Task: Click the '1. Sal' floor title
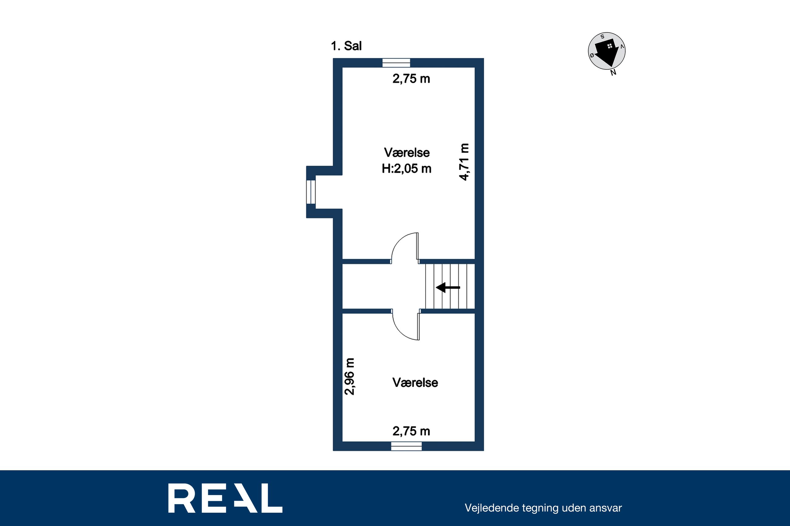pos(346,46)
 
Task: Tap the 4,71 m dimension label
pos(464,162)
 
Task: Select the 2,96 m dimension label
pos(350,376)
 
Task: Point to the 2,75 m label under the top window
pos(411,79)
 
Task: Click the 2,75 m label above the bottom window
pos(411,431)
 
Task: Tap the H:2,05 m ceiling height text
pos(407,168)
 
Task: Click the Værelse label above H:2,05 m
pos(407,153)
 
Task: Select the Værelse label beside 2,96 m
pos(415,382)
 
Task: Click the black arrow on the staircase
pos(448,287)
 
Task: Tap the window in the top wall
pos(397,63)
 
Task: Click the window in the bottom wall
pos(407,446)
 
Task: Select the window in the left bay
pos(311,192)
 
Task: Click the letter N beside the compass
pos(613,73)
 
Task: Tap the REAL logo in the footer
pos(225,498)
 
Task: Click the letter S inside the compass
pos(602,36)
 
